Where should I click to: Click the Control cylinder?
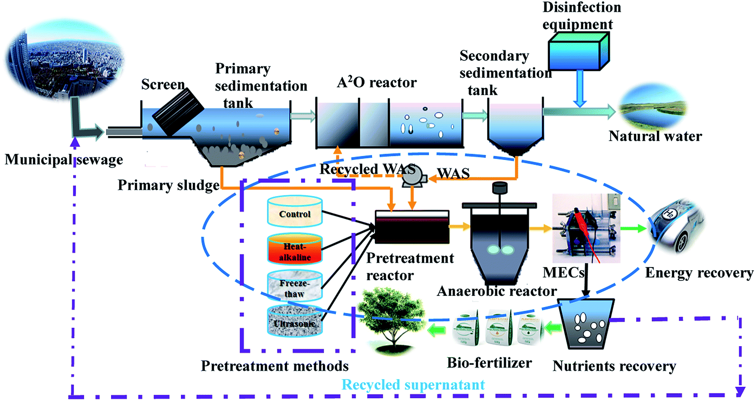tap(295, 212)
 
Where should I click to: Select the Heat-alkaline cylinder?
tap(295, 250)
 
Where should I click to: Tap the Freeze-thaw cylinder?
tap(295, 286)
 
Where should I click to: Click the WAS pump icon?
tap(413, 179)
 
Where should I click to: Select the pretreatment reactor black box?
tap(412, 227)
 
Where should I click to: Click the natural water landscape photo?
tap(653, 107)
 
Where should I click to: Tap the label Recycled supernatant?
tap(413, 385)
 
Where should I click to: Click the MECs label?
tap(563, 273)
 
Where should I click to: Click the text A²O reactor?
tap(377, 82)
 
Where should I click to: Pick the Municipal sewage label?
tap(64, 160)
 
